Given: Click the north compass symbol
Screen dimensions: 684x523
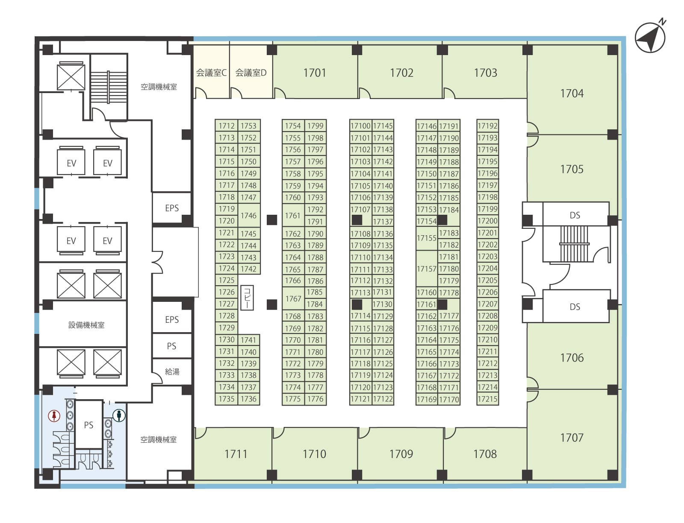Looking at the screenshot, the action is [650, 38].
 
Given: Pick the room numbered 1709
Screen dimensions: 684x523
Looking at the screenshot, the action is [401, 453].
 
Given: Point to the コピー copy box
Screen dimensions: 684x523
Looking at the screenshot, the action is [247, 298].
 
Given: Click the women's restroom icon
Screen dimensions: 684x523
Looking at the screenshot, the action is [54, 415].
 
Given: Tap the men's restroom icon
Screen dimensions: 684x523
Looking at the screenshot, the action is [119, 415].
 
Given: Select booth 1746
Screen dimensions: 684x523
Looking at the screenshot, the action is [249, 215].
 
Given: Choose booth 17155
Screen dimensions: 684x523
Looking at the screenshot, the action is [427, 238].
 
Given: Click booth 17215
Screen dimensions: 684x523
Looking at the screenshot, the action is [488, 399].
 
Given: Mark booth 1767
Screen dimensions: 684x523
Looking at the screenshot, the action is [293, 298].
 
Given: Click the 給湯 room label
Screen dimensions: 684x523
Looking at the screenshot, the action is [172, 371].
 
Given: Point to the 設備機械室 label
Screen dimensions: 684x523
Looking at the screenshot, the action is [86, 324].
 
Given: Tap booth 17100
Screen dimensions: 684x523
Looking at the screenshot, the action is [361, 126].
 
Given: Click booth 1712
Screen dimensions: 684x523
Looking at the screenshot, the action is [227, 126].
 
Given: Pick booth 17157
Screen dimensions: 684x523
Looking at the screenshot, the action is [427, 269].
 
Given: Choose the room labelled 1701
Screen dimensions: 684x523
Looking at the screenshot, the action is [315, 73].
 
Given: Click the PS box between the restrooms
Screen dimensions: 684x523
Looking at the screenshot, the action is [89, 425].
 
